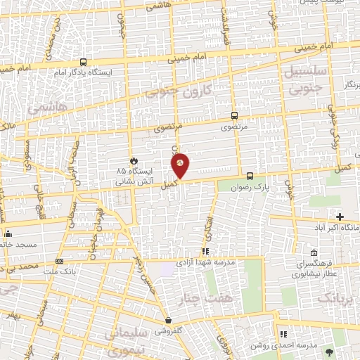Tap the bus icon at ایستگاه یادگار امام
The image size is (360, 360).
(x=84, y=62)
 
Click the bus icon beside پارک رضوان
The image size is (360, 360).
(x=250, y=176)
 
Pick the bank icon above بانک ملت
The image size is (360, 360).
(x=59, y=262)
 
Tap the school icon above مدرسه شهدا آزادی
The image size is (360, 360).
(x=205, y=250)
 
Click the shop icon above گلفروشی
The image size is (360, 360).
(x=167, y=320)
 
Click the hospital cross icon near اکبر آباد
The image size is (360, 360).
(x=340, y=217)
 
